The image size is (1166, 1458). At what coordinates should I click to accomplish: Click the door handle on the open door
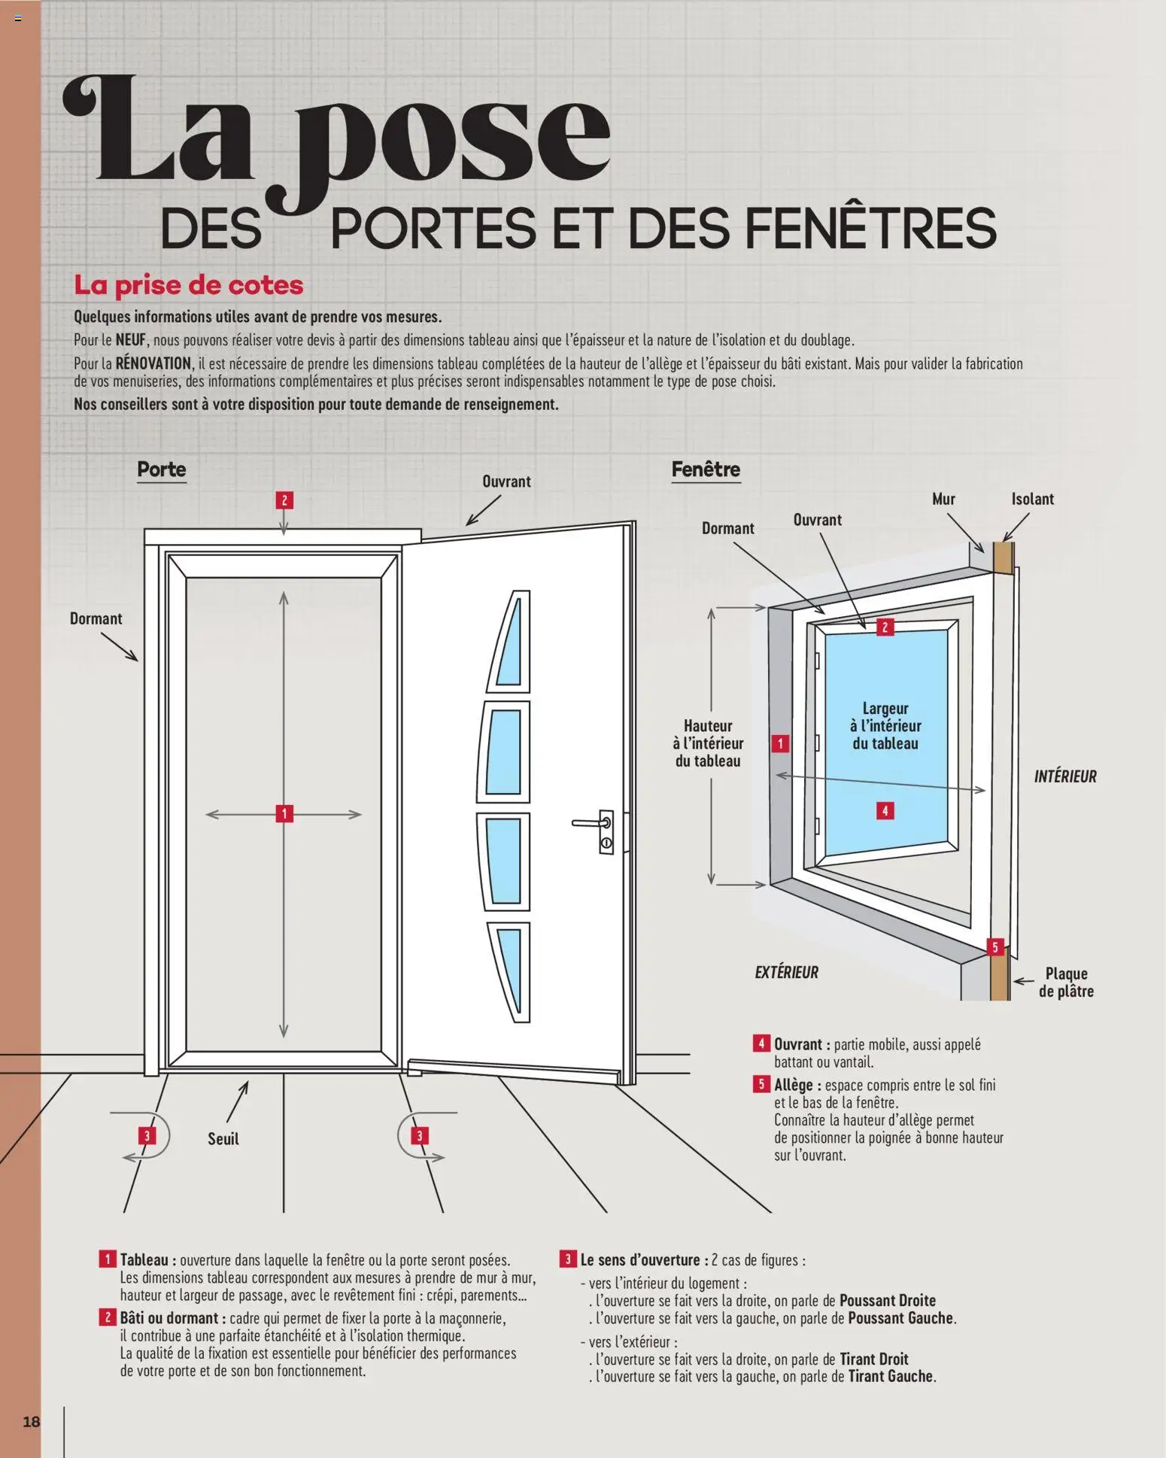point(591,823)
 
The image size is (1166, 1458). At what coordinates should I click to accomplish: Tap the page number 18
point(31,1421)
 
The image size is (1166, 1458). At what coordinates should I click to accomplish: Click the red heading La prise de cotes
point(188,285)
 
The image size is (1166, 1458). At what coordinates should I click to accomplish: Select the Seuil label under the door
point(223,1138)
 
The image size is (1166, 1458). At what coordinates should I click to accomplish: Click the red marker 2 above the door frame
point(284,500)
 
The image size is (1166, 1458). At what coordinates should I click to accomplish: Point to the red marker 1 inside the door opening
point(284,813)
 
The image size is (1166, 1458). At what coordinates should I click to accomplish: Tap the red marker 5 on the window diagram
point(994,946)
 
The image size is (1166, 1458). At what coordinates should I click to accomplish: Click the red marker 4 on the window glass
point(885,810)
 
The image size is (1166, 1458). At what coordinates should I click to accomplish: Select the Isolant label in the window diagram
point(1032,499)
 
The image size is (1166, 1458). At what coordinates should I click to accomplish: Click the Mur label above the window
point(943,499)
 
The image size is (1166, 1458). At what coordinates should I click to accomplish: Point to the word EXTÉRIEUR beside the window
point(786,972)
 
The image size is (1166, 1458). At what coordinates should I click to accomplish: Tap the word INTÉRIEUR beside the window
point(1064,776)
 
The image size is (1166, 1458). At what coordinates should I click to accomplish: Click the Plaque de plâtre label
point(1066,983)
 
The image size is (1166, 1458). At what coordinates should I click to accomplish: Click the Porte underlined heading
point(161,469)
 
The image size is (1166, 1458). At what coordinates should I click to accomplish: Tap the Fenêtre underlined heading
point(706,469)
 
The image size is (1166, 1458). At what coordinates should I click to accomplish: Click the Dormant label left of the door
point(96,618)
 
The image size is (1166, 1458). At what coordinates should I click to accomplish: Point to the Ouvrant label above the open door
point(506,481)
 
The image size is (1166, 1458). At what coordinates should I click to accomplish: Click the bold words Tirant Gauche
point(890,1376)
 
